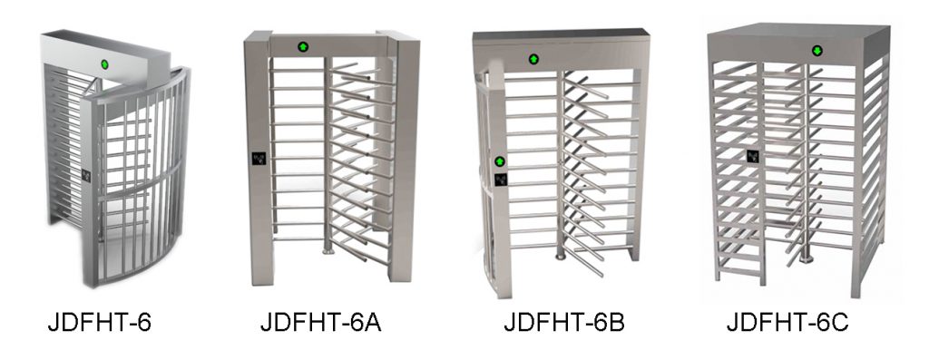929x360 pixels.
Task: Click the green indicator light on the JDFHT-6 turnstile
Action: point(104,64)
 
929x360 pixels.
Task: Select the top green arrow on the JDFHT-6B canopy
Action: point(533,59)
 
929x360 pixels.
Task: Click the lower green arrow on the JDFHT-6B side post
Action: point(498,161)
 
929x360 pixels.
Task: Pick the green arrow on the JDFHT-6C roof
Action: point(817,50)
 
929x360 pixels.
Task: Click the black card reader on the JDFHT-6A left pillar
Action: point(257,156)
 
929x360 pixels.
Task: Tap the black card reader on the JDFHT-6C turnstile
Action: point(752,156)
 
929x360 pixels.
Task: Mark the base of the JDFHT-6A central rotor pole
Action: point(329,249)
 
